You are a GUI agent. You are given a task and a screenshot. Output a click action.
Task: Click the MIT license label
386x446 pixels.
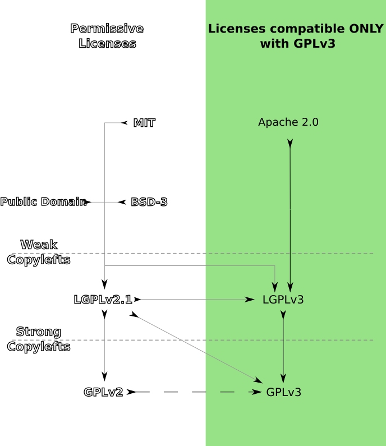tap(144, 123)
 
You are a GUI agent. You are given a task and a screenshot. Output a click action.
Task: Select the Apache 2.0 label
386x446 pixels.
tap(288, 122)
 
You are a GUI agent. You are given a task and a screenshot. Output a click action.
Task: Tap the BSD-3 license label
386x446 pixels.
tap(149, 202)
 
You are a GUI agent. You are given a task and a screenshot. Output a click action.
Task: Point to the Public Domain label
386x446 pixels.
tap(43, 202)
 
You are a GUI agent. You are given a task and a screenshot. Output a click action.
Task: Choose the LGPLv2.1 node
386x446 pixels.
tap(103, 300)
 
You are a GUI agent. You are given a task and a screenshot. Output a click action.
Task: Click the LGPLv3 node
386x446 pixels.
tap(283, 300)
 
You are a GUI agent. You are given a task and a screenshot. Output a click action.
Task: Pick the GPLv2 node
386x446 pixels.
tap(103, 392)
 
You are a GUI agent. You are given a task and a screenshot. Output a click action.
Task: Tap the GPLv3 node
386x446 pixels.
tap(284, 392)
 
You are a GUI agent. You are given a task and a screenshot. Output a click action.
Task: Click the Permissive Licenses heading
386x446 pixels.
tap(107, 36)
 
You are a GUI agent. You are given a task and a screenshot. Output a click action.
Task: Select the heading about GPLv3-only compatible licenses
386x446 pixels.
tap(296, 36)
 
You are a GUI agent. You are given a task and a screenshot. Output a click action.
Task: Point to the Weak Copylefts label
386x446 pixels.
tap(39, 252)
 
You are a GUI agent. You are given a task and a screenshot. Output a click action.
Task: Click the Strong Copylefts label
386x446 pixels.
tap(39, 339)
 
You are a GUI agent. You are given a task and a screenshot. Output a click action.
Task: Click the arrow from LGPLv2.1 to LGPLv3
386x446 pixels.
tap(194, 300)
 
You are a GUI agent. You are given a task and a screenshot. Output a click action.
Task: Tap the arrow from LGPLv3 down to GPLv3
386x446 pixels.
tap(283, 348)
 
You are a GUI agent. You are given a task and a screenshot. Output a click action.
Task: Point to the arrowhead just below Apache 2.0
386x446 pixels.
tap(290, 144)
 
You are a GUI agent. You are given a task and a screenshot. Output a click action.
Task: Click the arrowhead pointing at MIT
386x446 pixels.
tap(125, 123)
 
